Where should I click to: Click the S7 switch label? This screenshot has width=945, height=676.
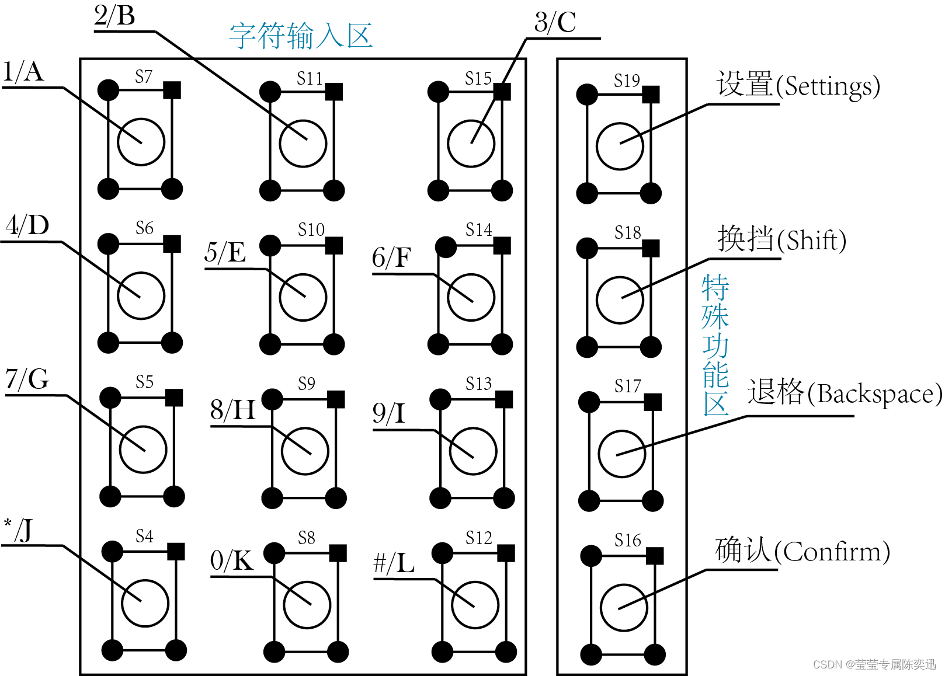pyautogui.click(x=144, y=76)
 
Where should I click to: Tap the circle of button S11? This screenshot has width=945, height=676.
pyautogui.click(x=303, y=143)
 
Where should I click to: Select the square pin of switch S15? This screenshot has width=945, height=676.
pyautogui.click(x=502, y=92)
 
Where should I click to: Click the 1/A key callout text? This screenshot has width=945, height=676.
pyautogui.click(x=23, y=72)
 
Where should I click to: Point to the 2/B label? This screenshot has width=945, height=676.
pyautogui.click(x=115, y=15)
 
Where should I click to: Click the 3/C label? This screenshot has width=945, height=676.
pyautogui.click(x=555, y=23)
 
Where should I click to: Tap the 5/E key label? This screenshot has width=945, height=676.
pyautogui.click(x=225, y=253)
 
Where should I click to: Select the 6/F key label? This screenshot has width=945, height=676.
pyautogui.click(x=392, y=257)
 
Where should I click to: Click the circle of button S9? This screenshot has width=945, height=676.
pyautogui.click(x=304, y=451)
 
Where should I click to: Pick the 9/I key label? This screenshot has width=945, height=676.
pyautogui.click(x=389, y=413)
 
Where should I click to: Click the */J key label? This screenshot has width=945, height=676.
pyautogui.click(x=19, y=530)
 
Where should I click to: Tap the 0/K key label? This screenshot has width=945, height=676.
pyautogui.click(x=232, y=560)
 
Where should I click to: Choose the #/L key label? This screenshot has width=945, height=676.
pyautogui.click(x=394, y=563)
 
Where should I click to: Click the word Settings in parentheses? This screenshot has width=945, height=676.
pyautogui.click(x=831, y=87)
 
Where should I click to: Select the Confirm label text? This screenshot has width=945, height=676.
pyautogui.click(x=835, y=552)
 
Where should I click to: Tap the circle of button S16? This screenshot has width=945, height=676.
pyautogui.click(x=624, y=607)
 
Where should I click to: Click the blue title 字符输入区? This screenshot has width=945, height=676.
pyautogui.click(x=301, y=36)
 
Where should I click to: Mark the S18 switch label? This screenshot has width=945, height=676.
pyautogui.click(x=628, y=233)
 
